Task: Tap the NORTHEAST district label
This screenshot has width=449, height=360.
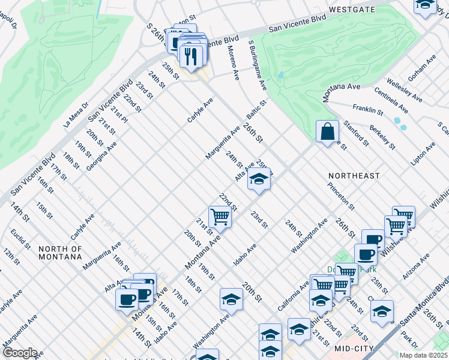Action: point(354,176)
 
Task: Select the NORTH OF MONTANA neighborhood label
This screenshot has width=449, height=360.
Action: point(60,253)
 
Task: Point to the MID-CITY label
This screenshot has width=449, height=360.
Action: point(354,348)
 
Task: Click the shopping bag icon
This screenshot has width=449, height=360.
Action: point(326,131)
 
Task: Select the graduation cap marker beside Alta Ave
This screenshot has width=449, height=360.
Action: point(259,179)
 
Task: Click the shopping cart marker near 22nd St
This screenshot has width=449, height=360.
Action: point(220,217)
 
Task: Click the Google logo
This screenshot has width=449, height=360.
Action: point(20,353)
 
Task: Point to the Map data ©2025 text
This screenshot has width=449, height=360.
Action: point(424,355)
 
